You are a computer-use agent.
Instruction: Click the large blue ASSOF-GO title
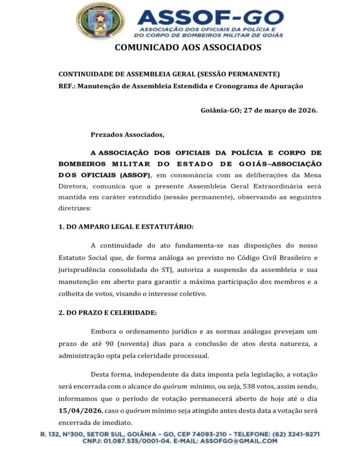[210, 16]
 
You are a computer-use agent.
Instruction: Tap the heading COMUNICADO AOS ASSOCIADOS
[188, 47]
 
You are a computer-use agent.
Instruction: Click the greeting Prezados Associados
[127, 134]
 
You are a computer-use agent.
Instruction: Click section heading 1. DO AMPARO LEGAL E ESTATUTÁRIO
[126, 227]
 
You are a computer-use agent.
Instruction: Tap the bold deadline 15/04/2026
[80, 410]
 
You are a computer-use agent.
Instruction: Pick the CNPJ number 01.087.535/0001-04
[137, 441]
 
